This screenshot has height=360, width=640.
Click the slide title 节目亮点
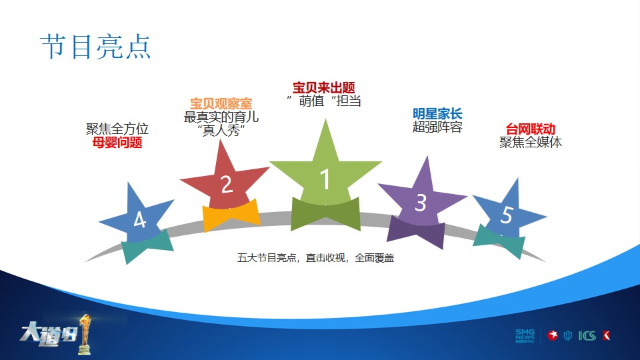pyautogui.click(x=96, y=47)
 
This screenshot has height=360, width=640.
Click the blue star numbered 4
pyautogui.click(x=138, y=216)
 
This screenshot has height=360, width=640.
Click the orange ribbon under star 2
pyautogui.click(x=231, y=215)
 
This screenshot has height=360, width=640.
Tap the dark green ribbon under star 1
pyautogui.click(x=325, y=214)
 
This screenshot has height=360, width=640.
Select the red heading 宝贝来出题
pyautogui.click(x=324, y=87)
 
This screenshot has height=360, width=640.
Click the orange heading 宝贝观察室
pyautogui.click(x=221, y=103)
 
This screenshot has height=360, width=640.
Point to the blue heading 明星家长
pyautogui.click(x=437, y=113)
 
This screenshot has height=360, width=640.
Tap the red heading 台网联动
pyautogui.click(x=530, y=129)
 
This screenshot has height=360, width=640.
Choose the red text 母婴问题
pyautogui.click(x=117, y=143)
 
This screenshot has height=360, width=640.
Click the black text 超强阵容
pyautogui.click(x=437, y=127)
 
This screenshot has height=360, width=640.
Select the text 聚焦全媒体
pyautogui.click(x=531, y=142)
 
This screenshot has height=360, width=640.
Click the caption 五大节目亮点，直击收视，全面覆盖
pyautogui.click(x=315, y=257)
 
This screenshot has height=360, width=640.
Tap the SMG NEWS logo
pyautogui.click(x=525, y=335)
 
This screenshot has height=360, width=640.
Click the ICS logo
pyautogui.click(x=587, y=335)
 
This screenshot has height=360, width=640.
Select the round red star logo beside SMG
pyautogui.click(x=553, y=335)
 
